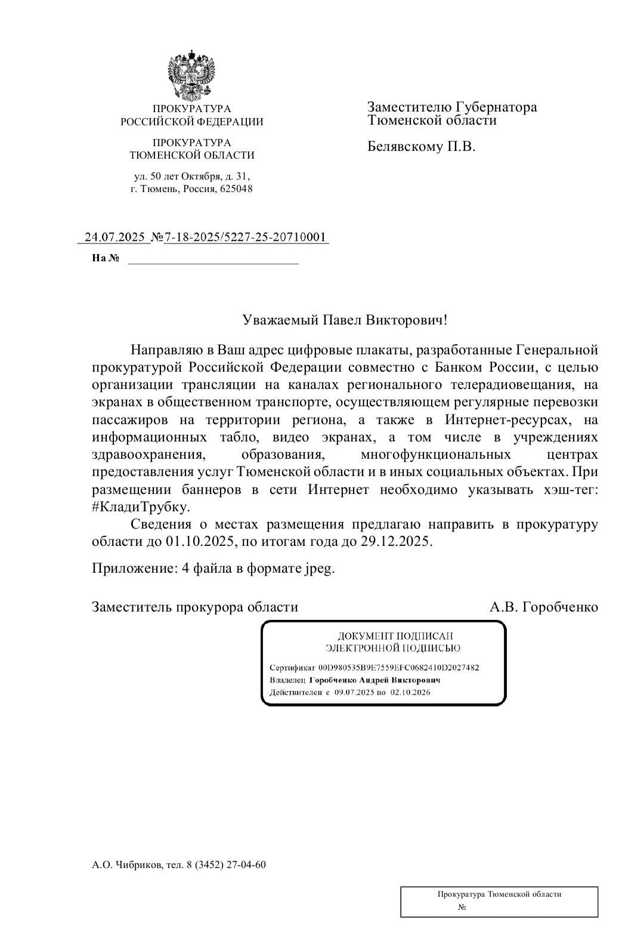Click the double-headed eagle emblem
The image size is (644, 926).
(191, 76)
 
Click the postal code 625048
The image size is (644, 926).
(237, 189)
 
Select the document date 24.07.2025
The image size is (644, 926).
(115, 237)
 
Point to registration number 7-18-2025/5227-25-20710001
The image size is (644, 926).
(245, 237)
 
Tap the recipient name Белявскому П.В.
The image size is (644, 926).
(421, 146)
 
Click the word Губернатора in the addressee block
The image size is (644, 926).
(496, 107)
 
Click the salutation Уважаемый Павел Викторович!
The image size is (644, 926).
(345, 320)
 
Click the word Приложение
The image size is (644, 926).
(131, 568)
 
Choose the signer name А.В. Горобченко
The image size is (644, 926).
(543, 607)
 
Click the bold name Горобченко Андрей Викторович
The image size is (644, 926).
(374, 680)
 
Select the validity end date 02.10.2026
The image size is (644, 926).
(410, 693)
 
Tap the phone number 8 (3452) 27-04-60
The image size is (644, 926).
(226, 865)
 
